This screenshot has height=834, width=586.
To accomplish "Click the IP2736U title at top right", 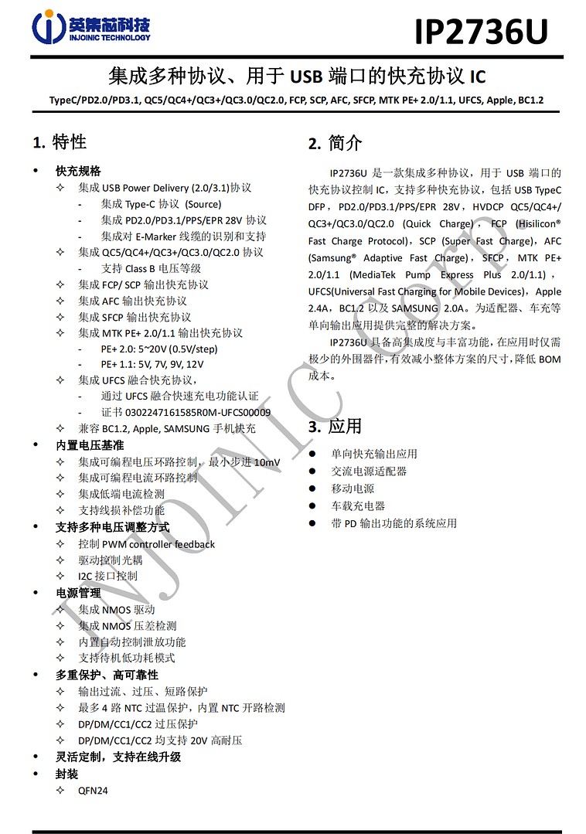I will tap(481, 32).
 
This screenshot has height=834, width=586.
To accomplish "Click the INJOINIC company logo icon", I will tap(48, 27).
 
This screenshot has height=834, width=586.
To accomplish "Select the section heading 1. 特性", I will tap(60, 142).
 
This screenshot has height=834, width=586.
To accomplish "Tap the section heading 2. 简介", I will tap(335, 143).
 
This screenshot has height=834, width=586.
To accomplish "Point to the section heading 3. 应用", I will tap(335, 427).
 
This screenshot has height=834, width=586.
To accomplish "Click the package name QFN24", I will tap(93, 791).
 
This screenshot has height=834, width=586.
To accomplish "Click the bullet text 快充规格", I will tap(78, 171).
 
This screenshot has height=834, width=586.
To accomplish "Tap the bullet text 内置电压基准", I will tap(90, 445).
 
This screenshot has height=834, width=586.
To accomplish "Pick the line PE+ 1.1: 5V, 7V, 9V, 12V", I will tap(152, 364).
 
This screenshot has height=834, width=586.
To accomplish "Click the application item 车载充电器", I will tap(358, 506).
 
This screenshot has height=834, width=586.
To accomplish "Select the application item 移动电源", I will tap(353, 488).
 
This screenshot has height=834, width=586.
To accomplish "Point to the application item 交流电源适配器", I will tap(369, 471).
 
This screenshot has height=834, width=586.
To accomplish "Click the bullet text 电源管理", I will tap(78, 593).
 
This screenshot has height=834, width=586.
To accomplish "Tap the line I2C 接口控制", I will tap(107, 576).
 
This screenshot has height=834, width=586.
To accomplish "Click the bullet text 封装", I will tap(66, 774).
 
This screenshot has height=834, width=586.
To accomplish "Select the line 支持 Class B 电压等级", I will tap(151, 268).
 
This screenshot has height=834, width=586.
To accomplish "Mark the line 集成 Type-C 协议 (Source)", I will tap(161, 204).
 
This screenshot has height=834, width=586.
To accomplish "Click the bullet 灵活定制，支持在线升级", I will tap(118, 757).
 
